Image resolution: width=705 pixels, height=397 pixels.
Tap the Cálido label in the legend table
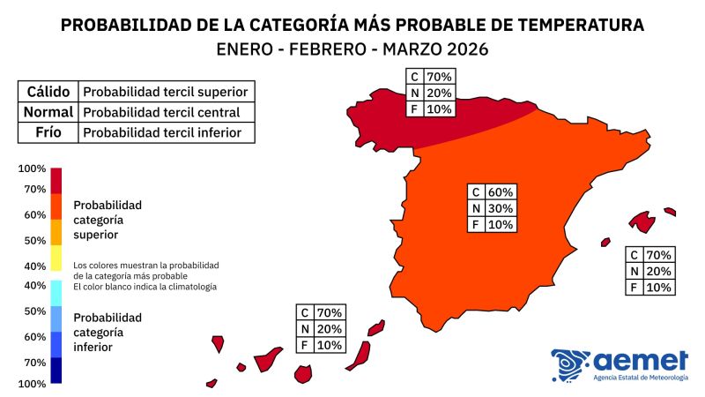48,91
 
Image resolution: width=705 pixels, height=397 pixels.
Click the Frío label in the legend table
48,133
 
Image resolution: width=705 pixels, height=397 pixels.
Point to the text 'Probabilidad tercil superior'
164,91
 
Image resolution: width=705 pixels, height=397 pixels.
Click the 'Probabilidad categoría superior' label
108,220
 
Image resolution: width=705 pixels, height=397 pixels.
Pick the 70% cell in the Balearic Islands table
659,254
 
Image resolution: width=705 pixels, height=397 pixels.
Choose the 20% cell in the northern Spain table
438,93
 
